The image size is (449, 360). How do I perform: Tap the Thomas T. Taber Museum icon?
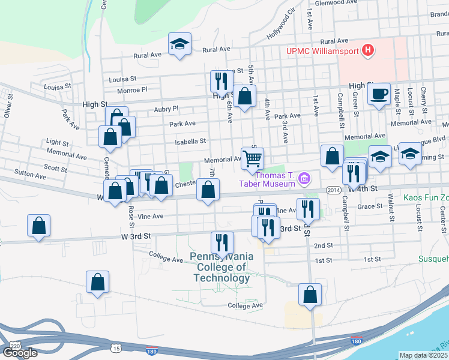305,178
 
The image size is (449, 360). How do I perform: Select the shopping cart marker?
253,159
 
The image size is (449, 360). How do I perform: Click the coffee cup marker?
379,94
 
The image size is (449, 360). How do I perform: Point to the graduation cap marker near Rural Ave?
179,44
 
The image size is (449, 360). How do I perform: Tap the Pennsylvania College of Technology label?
221,267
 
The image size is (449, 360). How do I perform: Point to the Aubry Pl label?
166,109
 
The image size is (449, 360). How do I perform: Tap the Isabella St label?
190,142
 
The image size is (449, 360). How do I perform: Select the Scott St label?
55,169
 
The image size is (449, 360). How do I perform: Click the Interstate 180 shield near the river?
357,341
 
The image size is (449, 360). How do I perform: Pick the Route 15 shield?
115,347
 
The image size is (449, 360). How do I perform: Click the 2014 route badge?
334,190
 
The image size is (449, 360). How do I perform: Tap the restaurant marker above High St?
221,81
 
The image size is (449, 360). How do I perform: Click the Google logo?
20,353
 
